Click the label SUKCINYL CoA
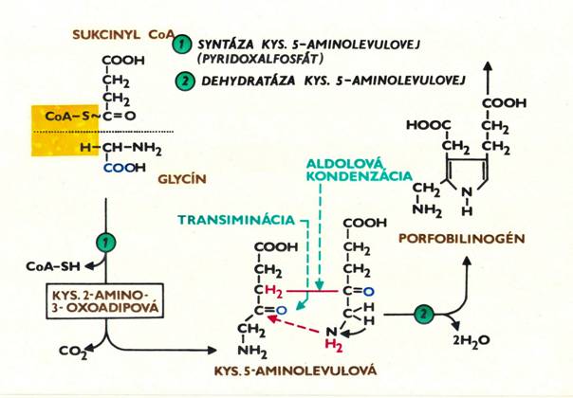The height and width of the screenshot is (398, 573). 123,35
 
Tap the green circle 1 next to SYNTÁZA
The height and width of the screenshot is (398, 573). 182,45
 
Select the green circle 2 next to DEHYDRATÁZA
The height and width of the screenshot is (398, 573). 185,81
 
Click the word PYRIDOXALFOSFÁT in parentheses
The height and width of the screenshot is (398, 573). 261,59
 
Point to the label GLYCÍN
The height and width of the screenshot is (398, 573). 182,179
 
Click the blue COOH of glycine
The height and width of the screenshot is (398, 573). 124,168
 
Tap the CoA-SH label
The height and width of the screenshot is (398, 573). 53,266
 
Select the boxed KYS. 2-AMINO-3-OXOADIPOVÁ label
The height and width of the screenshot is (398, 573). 105,300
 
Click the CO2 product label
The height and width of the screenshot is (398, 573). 73,352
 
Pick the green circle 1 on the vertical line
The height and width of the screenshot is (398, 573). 106,243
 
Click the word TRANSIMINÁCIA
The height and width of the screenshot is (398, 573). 236,220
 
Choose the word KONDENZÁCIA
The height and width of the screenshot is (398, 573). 360,176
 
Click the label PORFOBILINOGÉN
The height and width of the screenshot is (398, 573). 462,239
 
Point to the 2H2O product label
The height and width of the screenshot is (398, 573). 471,341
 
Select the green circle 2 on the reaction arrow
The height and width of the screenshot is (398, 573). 424,314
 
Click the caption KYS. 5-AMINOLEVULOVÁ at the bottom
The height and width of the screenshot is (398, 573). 295,371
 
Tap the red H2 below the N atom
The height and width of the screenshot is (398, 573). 334,346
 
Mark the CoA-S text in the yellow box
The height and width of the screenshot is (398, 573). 66,117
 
